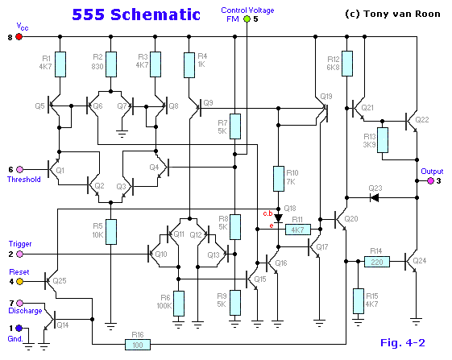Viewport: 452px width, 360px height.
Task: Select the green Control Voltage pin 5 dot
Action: tap(246, 18)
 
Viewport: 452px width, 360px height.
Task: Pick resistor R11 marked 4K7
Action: tap(297, 230)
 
